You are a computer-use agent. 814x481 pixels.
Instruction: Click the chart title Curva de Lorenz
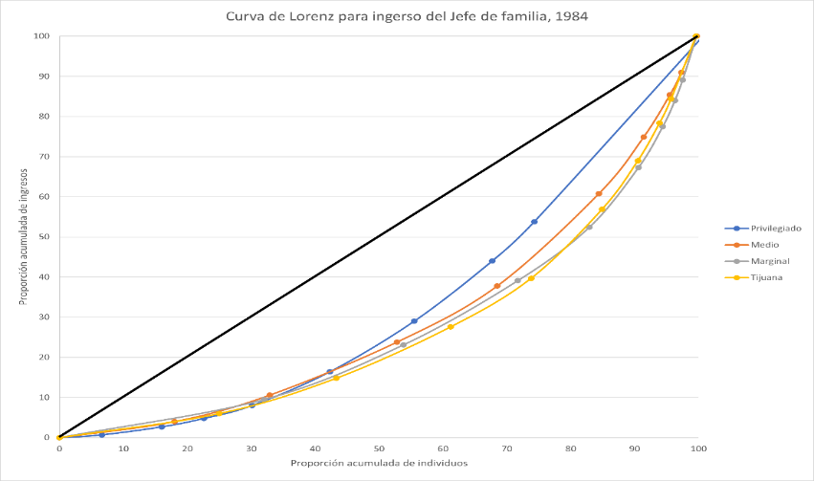click(407, 16)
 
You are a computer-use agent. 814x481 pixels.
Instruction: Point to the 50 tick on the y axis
click(43, 237)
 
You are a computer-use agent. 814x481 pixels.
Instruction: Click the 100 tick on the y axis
click(41, 36)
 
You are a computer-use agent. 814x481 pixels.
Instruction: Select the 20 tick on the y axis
click(43, 358)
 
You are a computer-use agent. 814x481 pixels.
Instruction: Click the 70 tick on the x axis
click(507, 448)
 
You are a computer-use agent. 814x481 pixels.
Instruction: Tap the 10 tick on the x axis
click(123, 448)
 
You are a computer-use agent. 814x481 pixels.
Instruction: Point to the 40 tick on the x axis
click(315, 448)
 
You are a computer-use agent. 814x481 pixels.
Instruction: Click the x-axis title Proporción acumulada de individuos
click(379, 464)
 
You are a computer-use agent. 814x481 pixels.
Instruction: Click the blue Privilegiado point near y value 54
click(534, 222)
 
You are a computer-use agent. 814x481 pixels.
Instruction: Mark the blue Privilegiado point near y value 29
click(414, 321)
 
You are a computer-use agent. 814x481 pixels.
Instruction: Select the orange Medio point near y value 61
click(599, 194)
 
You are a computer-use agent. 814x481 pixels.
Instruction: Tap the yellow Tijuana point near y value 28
click(451, 327)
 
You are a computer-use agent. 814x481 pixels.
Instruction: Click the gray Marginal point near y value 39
click(517, 280)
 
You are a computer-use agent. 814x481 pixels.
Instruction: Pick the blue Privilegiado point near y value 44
click(493, 261)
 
